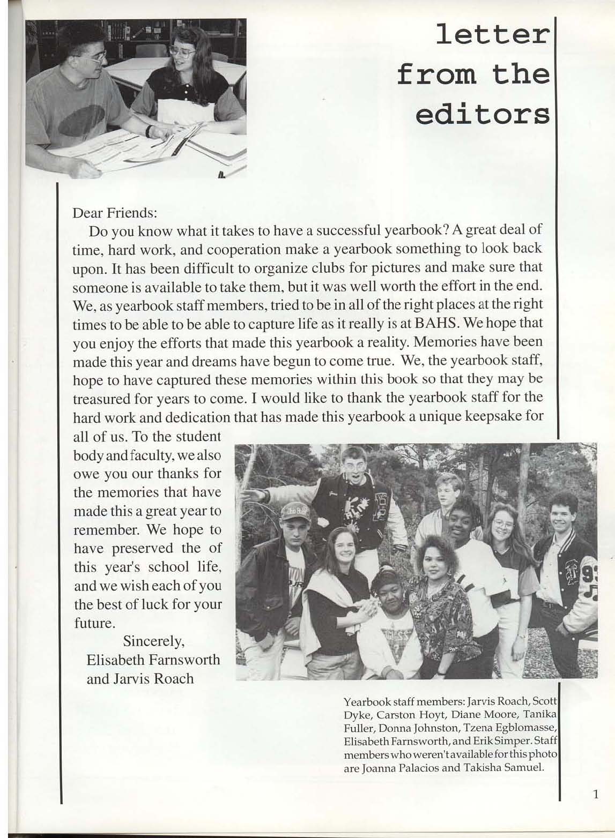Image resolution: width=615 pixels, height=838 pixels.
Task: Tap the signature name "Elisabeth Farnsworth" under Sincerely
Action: [153, 659]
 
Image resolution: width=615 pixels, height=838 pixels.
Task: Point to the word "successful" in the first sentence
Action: [348, 230]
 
